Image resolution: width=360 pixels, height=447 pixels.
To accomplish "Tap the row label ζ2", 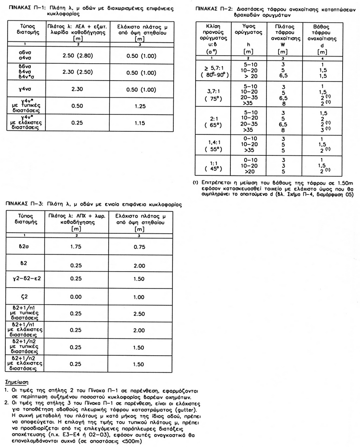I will click(x=25, y=297).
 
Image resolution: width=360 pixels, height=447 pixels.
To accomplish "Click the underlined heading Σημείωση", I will click(x=16, y=382).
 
